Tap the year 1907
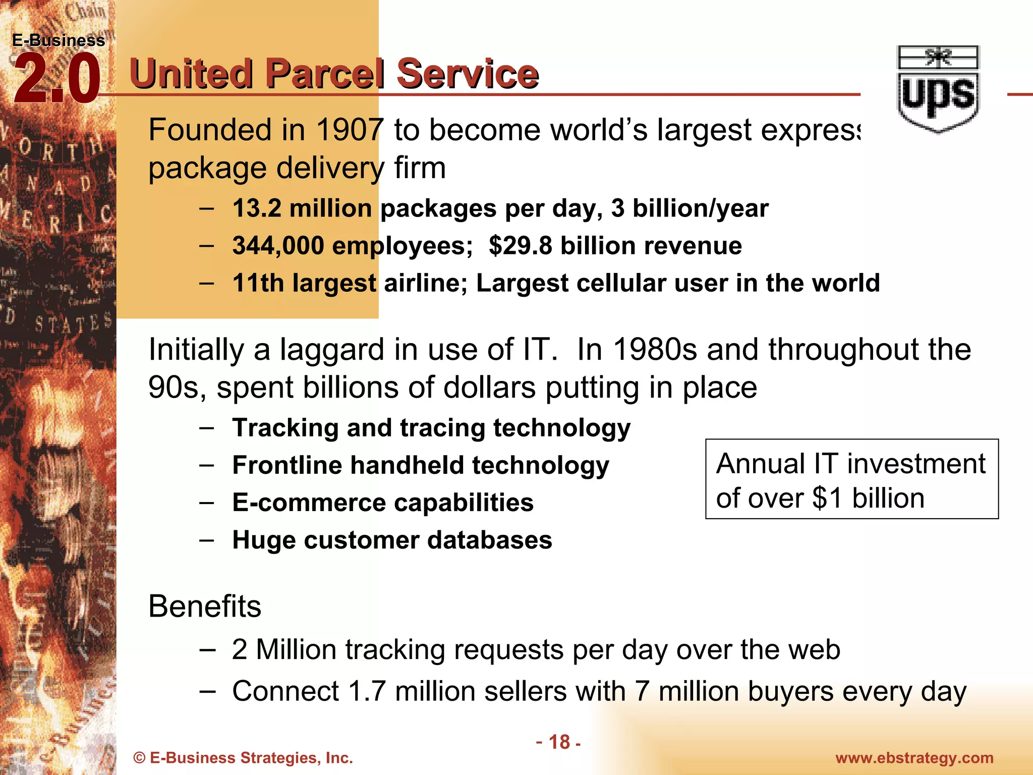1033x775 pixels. click(x=350, y=130)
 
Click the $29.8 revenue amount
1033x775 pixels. click(x=521, y=246)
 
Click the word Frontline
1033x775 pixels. click(x=287, y=465)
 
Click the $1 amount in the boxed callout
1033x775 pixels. click(x=827, y=499)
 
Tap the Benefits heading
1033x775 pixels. click(x=205, y=606)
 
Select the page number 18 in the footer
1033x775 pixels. click(x=559, y=742)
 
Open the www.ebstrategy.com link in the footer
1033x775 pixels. click(x=914, y=758)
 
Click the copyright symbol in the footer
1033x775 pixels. click(x=139, y=758)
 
